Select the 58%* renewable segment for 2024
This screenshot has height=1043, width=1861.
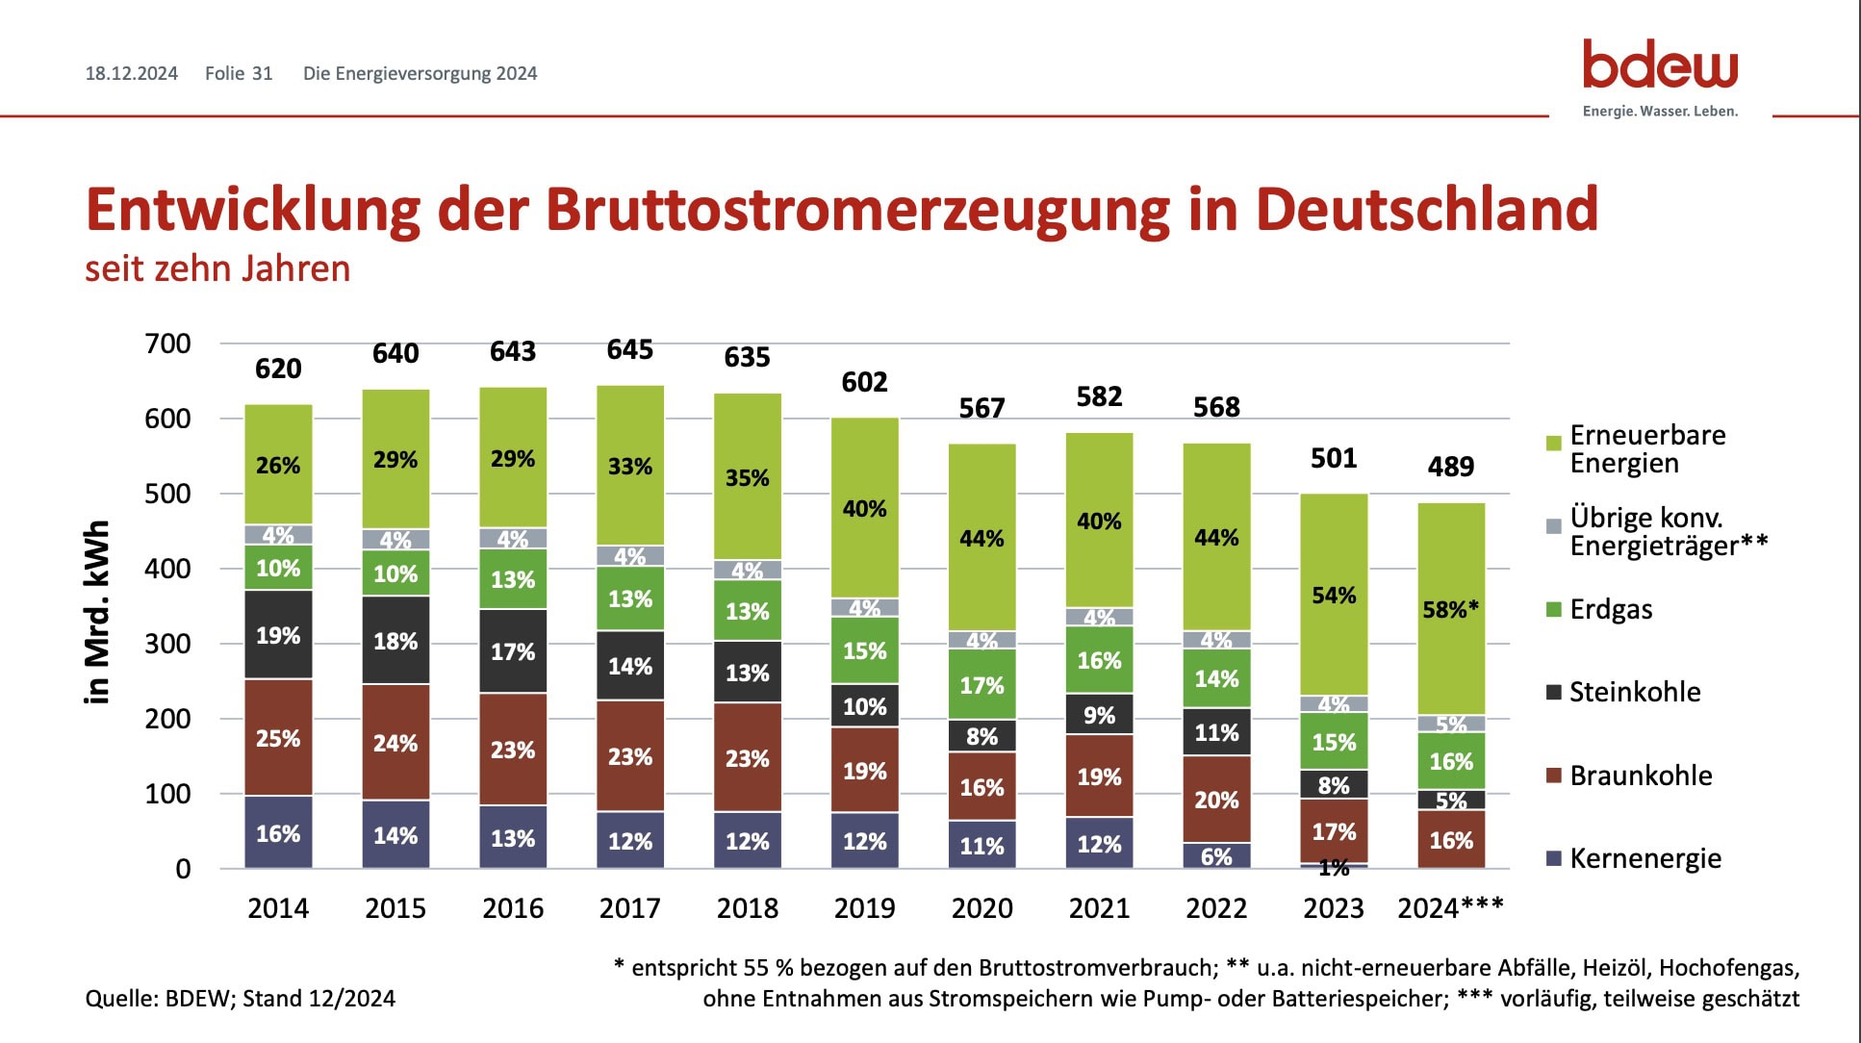1451,609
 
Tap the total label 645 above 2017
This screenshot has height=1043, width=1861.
629,350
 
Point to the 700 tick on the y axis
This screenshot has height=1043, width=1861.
168,343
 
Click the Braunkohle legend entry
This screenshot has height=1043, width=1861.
1640,776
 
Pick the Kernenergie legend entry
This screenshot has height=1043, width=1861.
1644,858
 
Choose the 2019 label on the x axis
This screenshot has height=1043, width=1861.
864,908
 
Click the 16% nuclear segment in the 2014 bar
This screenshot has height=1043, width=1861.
278,833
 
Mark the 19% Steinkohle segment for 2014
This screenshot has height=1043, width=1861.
278,635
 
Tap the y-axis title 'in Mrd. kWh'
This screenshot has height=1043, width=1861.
97,613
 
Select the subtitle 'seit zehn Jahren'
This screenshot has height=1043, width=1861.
217,268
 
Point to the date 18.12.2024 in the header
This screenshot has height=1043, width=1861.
132,74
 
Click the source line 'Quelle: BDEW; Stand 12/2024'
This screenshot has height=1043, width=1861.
241,999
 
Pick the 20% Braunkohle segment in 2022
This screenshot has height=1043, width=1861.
1216,800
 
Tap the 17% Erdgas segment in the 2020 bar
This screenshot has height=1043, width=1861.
981,685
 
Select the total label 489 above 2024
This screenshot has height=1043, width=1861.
1450,467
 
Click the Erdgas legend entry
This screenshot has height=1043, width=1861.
1610,610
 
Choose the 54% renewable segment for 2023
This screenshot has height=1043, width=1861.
1334,595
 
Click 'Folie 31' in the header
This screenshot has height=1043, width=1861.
239,74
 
